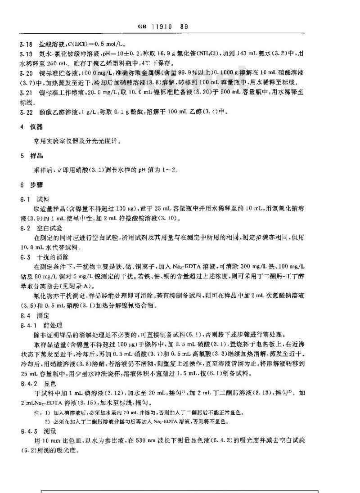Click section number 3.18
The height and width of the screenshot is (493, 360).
26,45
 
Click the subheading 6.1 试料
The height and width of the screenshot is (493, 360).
34,198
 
